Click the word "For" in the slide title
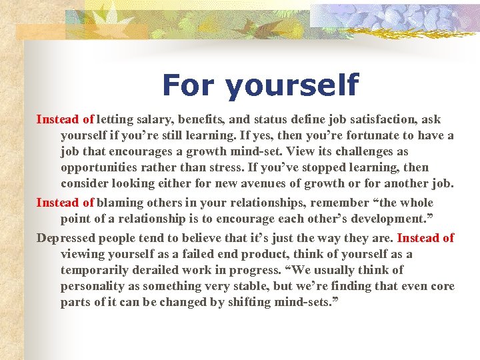click(188, 84)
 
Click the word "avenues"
click(261, 184)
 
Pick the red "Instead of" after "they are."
click(425, 238)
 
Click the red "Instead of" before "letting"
click(65, 119)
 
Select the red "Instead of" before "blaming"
click(65, 203)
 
